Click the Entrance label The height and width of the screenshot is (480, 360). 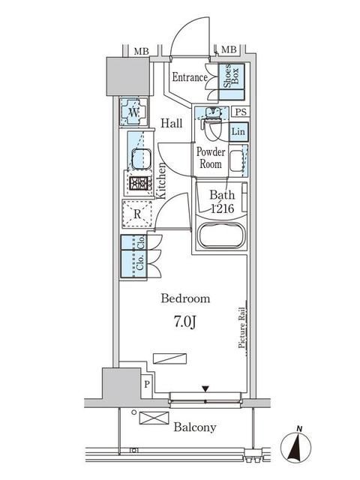click(x=190, y=77)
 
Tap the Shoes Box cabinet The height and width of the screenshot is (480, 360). click(x=232, y=82)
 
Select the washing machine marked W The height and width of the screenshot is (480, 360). click(x=133, y=112)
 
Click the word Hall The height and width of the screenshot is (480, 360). click(x=172, y=123)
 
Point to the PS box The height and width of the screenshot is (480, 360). click(x=241, y=112)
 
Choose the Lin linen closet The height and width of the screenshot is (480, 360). click(x=238, y=132)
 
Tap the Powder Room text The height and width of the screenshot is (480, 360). click(x=211, y=157)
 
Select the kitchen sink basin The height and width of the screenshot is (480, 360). click(x=141, y=157)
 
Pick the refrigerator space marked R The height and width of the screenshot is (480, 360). click(x=137, y=214)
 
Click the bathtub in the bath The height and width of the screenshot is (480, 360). click(x=221, y=235)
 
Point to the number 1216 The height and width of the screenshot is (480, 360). click(x=223, y=208)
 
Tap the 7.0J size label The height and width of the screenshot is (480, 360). click(x=185, y=322)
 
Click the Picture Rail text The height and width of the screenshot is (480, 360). click(x=241, y=328)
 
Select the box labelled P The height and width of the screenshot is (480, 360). click(x=147, y=385)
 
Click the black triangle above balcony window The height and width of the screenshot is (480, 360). click(x=205, y=389)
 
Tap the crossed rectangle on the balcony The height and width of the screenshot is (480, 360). click(x=154, y=418)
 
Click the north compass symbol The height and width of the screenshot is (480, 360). click(x=295, y=447)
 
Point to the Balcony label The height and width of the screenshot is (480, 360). click(x=195, y=427)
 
